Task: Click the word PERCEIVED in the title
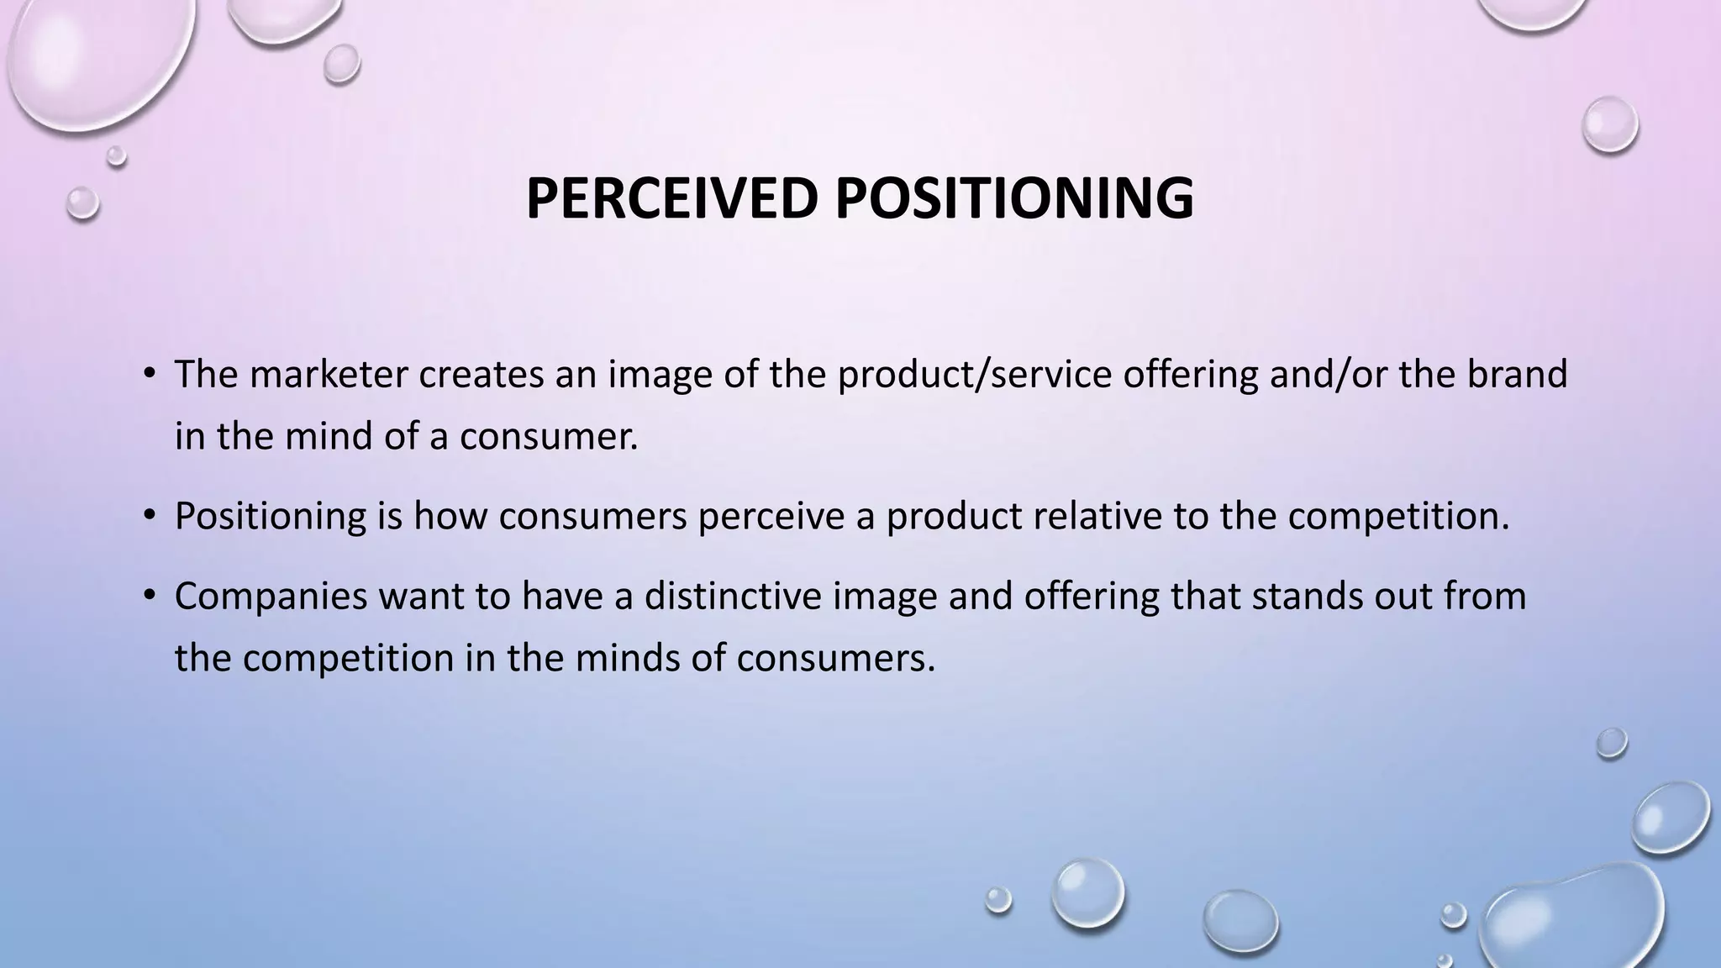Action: coord(671,198)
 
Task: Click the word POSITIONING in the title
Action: coord(1013,198)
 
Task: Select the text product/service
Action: coord(975,374)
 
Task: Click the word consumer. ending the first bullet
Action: coord(549,436)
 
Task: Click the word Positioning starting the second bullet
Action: coord(271,516)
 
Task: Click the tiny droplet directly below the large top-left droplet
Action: coord(116,155)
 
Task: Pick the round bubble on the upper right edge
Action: coord(1610,124)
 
